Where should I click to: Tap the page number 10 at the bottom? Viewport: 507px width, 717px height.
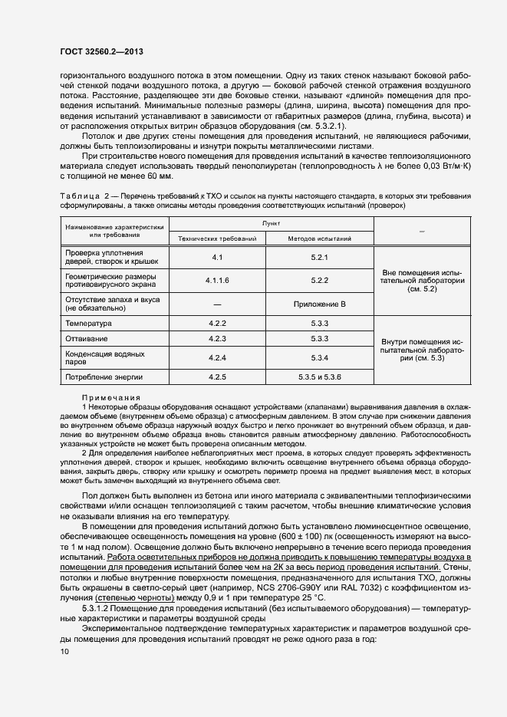pos(64,651)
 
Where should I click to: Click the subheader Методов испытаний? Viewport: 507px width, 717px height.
pos(320,238)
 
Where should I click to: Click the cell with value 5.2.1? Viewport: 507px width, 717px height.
pos(320,257)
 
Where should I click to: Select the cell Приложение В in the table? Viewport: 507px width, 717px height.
pos(320,304)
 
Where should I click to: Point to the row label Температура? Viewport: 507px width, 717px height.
pos(89,324)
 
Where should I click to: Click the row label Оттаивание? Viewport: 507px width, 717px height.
pos(87,338)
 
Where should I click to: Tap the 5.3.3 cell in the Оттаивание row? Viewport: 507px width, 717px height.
pos(320,338)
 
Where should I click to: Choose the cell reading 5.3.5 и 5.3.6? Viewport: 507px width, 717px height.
pos(320,377)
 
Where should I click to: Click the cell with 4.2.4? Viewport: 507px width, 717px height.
pos(217,357)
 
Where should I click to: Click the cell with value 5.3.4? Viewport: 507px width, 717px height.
pos(320,357)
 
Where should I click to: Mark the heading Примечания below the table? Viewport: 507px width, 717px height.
pos(110,397)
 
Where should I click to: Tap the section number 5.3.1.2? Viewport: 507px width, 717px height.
pos(97,608)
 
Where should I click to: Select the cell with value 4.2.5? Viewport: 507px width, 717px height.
pos(217,377)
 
